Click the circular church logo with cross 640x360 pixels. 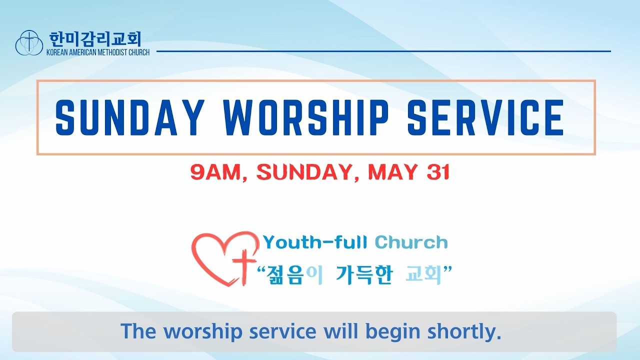29,42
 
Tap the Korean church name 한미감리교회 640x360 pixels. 95,39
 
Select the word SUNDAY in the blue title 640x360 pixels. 130,117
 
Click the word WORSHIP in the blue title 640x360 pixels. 305,117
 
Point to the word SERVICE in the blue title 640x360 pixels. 485,117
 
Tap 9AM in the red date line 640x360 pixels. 215,172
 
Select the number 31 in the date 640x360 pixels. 438,172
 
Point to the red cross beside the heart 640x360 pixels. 244,267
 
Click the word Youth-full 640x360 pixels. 315,242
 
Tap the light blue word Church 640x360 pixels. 411,242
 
